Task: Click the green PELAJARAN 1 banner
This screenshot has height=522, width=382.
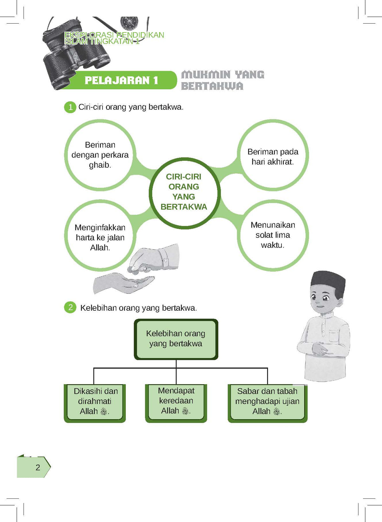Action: click(x=121, y=80)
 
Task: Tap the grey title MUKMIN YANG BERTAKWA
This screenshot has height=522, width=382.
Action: click(x=222, y=80)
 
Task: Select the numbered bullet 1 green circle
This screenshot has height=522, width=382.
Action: click(x=70, y=107)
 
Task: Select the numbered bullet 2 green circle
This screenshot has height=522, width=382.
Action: click(x=70, y=307)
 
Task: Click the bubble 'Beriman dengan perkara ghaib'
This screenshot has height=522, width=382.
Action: click(x=100, y=155)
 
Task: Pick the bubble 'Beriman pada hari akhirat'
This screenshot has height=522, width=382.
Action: click(x=273, y=156)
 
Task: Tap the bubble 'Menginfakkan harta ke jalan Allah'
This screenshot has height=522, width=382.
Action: click(x=100, y=237)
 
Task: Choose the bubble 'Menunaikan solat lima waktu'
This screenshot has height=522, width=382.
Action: click(x=273, y=235)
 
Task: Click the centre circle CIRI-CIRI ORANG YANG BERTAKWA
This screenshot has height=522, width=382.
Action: click(x=184, y=192)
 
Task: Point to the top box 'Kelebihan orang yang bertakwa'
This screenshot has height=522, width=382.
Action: click(x=176, y=339)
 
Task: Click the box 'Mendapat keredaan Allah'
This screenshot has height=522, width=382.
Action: click(x=176, y=401)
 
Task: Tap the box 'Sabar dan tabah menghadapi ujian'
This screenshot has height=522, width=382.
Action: click(x=267, y=402)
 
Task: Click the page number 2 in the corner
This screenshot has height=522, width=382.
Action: click(x=38, y=467)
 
